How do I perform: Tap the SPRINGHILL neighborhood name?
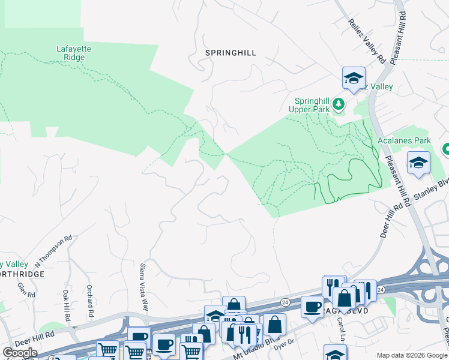click(231, 53)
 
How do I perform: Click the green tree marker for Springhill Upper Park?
click(339, 104)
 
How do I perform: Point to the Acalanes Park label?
click(405, 140)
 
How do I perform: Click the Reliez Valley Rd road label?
click(366, 41)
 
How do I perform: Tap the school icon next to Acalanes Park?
click(418, 163)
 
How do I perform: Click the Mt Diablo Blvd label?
click(249, 347)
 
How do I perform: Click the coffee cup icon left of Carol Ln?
click(312, 307)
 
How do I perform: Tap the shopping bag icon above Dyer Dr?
click(274, 324)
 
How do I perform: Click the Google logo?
click(20, 353)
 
